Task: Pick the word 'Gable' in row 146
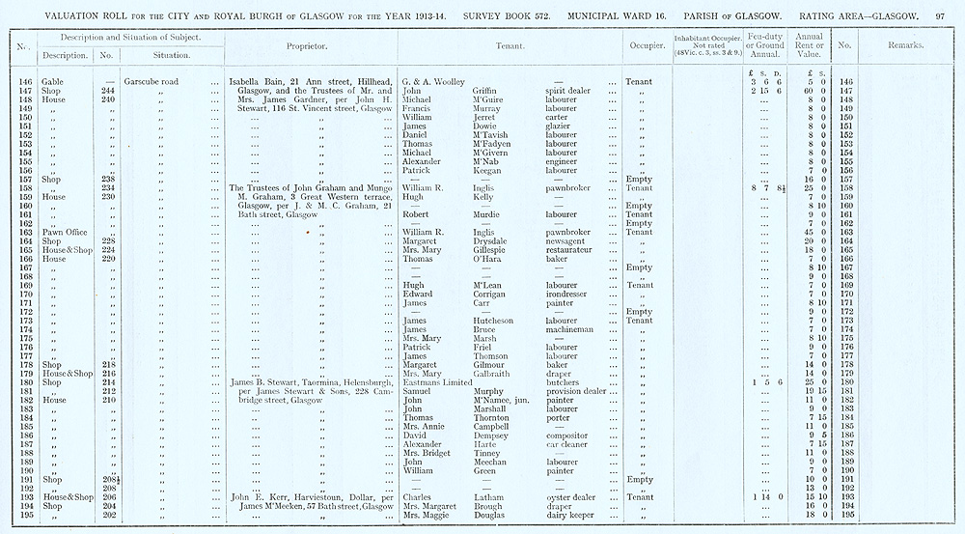36,81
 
